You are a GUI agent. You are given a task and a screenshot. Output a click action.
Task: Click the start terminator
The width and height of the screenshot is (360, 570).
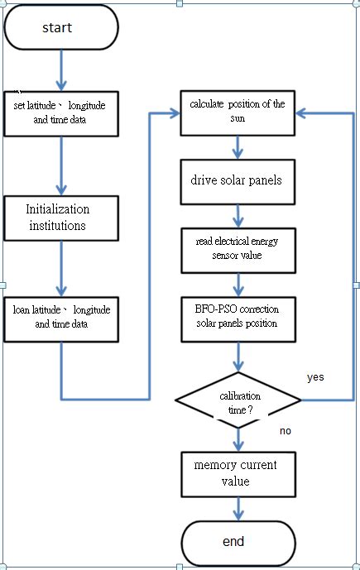[60, 28]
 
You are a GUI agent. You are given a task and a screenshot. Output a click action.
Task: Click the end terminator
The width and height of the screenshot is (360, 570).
[238, 542]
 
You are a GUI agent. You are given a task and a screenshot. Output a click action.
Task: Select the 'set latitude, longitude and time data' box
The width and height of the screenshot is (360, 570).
[60, 113]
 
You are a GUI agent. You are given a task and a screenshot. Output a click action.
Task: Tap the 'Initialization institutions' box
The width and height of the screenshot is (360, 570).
[60, 217]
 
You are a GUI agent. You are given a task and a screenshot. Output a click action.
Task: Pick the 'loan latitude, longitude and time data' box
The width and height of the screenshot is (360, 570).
[60, 317]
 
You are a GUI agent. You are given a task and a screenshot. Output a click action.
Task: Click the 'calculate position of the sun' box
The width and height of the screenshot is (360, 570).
[238, 111]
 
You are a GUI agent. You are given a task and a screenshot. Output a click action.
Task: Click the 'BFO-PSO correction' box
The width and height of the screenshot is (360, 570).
[238, 315]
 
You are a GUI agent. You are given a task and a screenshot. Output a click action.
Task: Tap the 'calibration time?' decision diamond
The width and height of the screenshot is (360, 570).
[238, 400]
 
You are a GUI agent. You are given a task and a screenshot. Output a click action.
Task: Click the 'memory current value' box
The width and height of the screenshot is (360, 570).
[238, 473]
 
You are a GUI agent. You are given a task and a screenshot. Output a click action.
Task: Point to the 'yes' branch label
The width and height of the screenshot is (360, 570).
[315, 377]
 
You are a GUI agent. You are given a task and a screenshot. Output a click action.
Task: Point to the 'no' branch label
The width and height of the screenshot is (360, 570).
[285, 431]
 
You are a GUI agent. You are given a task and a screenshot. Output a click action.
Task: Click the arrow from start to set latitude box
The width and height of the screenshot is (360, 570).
[60, 71]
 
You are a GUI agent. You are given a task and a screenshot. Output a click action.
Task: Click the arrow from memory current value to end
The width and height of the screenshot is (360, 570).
[238, 508]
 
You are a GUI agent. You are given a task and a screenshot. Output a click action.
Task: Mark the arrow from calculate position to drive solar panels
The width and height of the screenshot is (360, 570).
[238, 146]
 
